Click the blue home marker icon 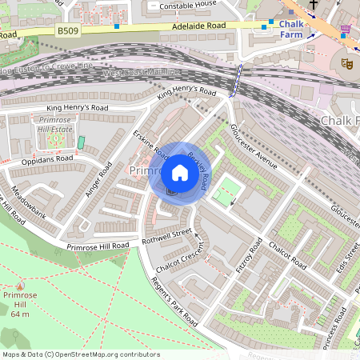(180, 173)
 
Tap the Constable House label (189, 5)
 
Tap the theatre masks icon (348, 62)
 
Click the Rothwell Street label (166, 234)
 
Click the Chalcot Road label (287, 254)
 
